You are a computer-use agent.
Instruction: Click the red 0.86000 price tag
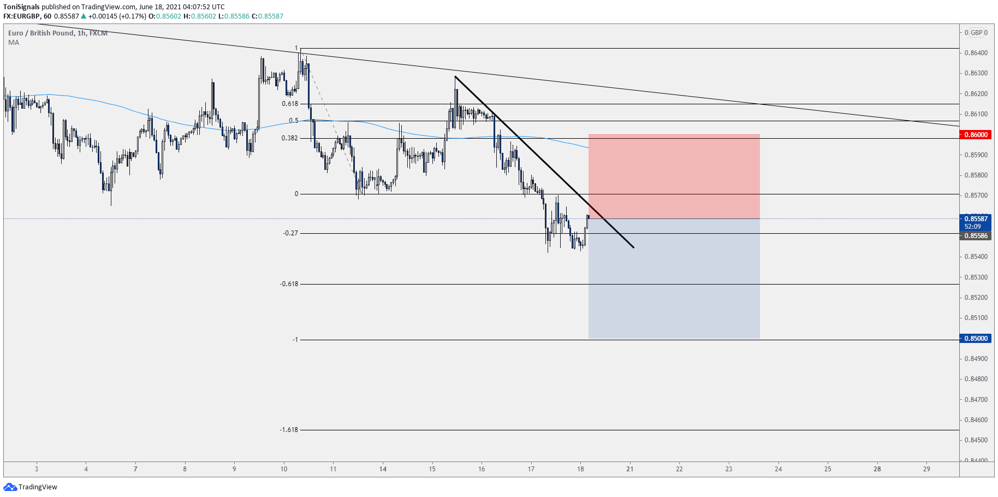pos(976,135)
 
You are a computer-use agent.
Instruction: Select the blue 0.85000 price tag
pos(976,339)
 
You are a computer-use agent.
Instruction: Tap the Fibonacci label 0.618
pos(290,104)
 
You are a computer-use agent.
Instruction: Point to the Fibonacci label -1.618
pos(289,430)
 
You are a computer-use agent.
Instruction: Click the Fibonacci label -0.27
pos(290,233)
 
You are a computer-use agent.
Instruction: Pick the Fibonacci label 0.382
pos(289,138)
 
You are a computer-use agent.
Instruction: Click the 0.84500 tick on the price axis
pos(976,440)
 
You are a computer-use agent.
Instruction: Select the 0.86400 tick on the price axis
pos(976,53)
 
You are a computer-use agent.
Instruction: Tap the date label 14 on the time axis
pos(383,469)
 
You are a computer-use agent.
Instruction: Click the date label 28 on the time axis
pos(877,469)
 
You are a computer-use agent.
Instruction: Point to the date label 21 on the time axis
pos(629,469)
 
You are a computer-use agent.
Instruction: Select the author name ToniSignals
pos(21,7)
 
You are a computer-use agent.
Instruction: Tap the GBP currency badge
pos(976,33)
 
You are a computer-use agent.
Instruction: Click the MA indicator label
pos(14,43)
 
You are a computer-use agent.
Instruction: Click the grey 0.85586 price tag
pos(976,236)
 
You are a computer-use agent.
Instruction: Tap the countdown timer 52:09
pos(972,227)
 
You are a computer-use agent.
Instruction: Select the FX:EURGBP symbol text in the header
pos(21,16)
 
